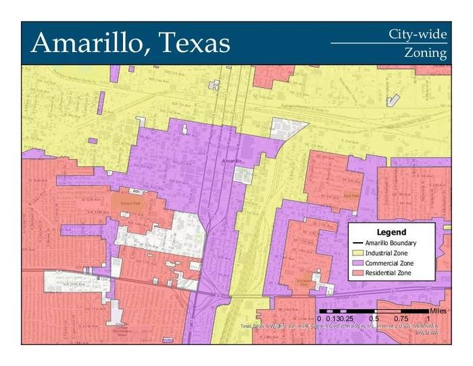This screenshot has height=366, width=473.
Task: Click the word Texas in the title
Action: (193, 43)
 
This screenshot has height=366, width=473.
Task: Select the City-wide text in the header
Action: (418, 34)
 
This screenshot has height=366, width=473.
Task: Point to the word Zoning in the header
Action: (426, 53)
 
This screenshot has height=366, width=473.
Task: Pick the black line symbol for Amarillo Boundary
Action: (357, 242)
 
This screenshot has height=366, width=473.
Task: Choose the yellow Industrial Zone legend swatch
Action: (357, 252)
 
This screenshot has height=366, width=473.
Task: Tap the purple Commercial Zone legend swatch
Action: (357, 262)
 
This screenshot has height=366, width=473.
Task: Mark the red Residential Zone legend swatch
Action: (357, 273)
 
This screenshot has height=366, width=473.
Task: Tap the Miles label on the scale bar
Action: (438, 311)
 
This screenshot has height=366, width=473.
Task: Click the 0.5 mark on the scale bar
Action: (374, 319)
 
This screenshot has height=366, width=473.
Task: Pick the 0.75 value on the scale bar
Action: (401, 319)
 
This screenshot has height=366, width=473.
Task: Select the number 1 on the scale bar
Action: (428, 319)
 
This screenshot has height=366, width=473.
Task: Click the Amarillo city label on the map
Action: (231, 160)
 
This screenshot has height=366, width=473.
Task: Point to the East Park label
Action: (352, 196)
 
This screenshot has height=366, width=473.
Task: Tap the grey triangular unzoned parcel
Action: (287, 127)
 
